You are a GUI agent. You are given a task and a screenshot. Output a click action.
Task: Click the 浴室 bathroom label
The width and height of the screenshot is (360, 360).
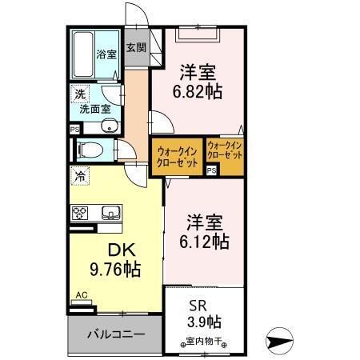click(x=106, y=55)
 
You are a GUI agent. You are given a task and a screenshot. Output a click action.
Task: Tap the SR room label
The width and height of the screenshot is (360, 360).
click(x=198, y=305)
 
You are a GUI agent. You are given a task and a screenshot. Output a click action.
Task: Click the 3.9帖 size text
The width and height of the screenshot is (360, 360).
click(x=201, y=322)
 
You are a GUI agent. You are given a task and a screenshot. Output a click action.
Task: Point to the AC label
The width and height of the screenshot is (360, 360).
click(x=81, y=295)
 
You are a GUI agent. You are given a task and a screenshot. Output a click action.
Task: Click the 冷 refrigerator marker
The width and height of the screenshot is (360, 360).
click(x=79, y=174)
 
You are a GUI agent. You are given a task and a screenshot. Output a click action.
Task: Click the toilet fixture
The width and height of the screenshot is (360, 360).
click(x=89, y=149)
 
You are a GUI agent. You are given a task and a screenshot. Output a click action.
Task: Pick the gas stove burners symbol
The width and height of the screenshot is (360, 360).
click(x=80, y=212)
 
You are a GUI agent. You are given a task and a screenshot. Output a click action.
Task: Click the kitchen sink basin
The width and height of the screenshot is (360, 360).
click(x=110, y=212)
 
